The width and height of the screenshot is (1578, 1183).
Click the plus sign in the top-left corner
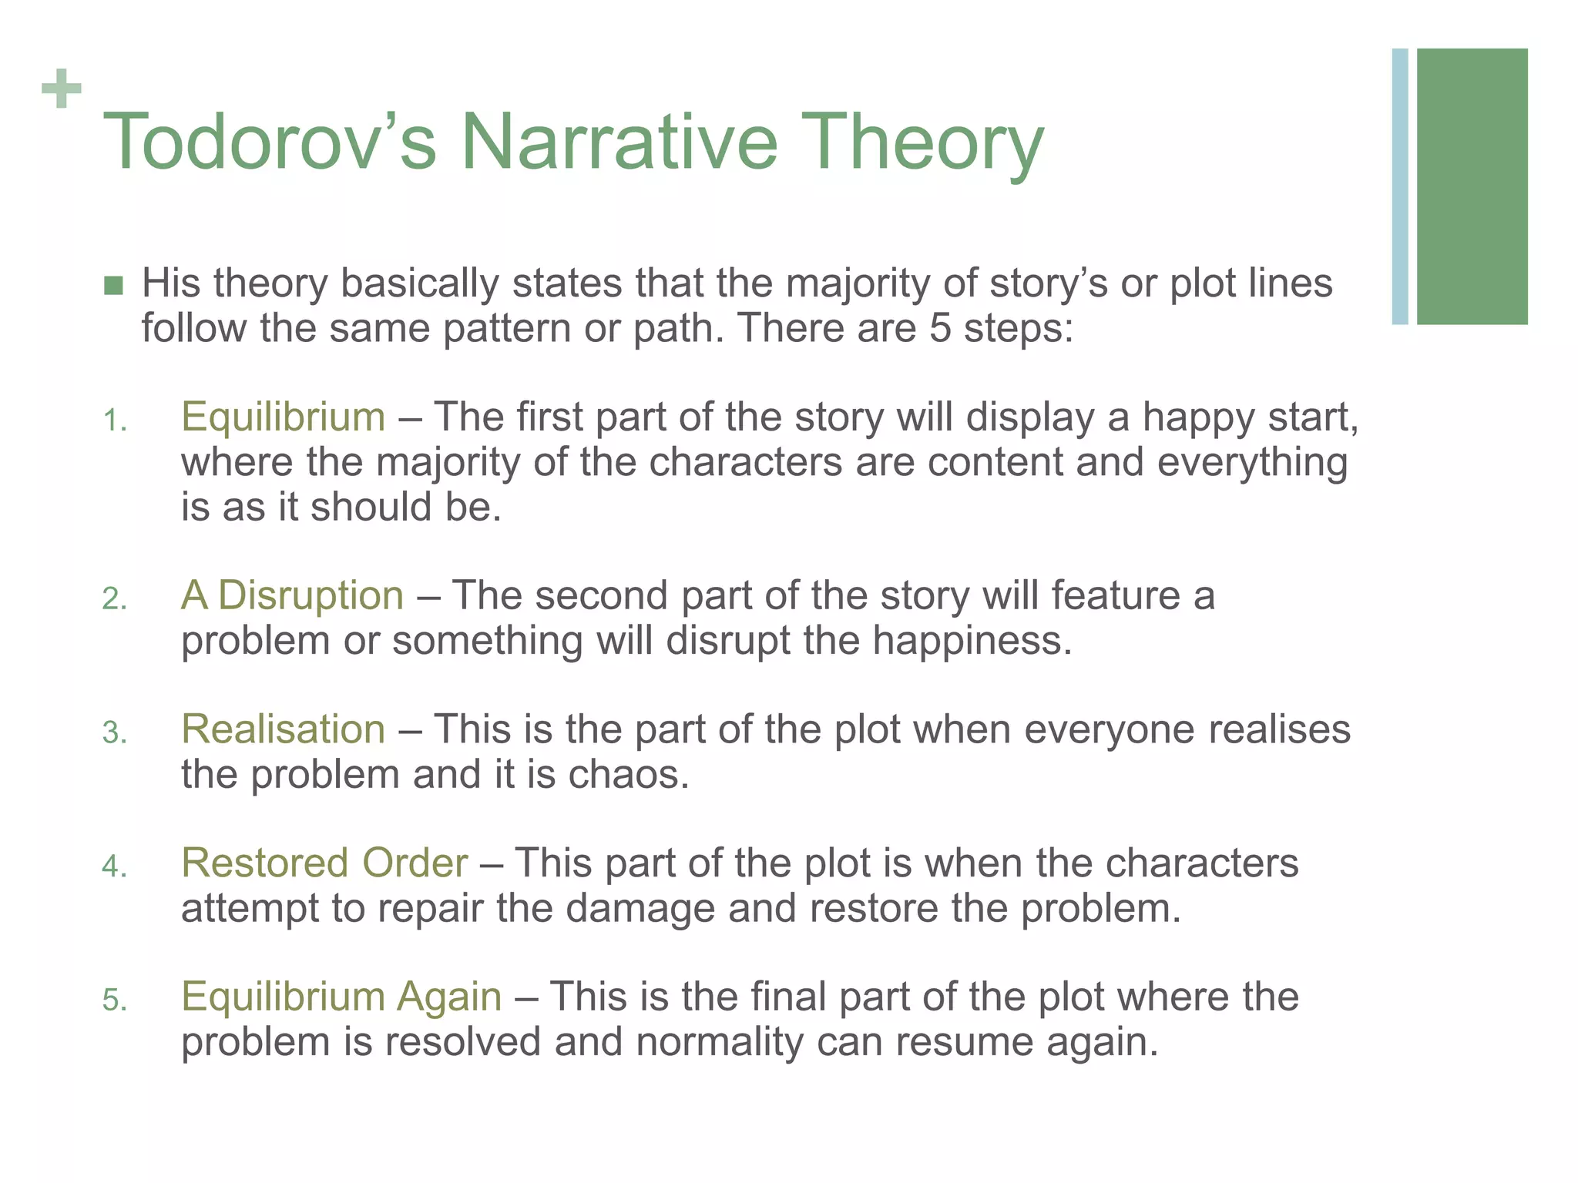click(x=62, y=89)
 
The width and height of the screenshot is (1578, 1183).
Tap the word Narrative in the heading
click(x=620, y=142)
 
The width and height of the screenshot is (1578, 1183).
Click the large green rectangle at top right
click(x=1472, y=186)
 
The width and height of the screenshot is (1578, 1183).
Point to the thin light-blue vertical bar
click(x=1400, y=186)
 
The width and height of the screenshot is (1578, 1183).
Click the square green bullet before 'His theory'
click(x=113, y=286)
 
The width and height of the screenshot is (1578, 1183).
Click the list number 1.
click(x=114, y=421)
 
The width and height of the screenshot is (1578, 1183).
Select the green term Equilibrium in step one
click(x=283, y=417)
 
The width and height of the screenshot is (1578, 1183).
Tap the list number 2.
click(x=114, y=599)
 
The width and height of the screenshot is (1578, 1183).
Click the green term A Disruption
click(x=292, y=596)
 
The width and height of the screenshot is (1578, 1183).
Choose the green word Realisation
click(x=283, y=729)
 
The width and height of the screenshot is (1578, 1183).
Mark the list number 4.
click(x=114, y=867)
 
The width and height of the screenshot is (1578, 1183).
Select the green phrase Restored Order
click(x=324, y=863)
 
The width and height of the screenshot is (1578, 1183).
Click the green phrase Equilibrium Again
click(x=341, y=997)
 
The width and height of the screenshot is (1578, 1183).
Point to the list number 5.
click(x=114, y=1000)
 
